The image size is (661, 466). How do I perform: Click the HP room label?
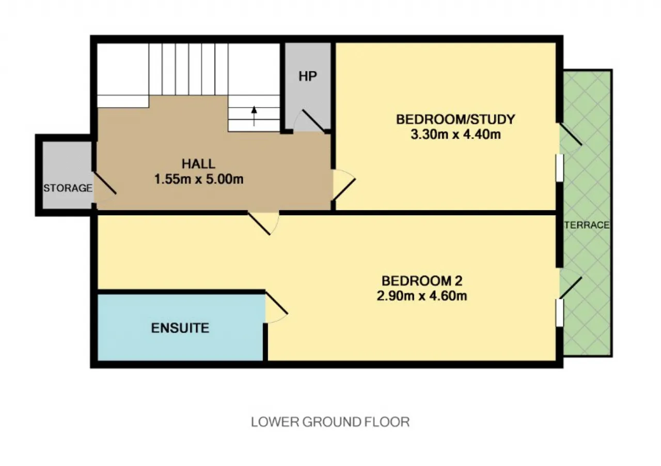308,76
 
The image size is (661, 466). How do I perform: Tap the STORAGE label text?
68,188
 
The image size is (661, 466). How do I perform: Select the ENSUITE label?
180,328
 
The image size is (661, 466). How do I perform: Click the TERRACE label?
587,225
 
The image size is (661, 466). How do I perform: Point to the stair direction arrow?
254,116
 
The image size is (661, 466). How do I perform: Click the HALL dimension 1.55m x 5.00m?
199,179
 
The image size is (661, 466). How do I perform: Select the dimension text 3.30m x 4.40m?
455,134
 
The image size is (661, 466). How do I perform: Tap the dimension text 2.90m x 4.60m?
422,296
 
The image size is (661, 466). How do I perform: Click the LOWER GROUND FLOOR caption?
330,422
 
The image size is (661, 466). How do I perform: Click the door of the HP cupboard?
313,121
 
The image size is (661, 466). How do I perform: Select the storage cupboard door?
104,183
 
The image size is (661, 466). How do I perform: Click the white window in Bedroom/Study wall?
559,168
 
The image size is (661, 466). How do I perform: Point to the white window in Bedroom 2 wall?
559,313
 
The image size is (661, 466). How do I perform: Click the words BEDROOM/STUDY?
455,119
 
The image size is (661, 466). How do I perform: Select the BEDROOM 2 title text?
422,281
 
